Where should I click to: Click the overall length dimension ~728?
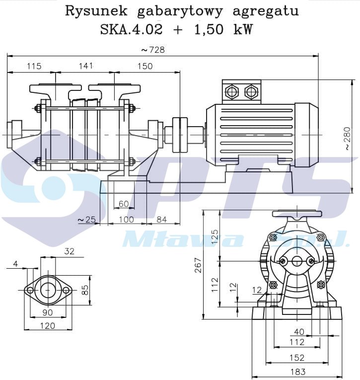pyautogui.click(x=152, y=50)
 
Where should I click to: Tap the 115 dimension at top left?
pyautogui.click(x=34, y=66)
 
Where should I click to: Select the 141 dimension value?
pyautogui.click(x=86, y=66)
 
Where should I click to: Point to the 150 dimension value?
pyautogui.click(x=145, y=66)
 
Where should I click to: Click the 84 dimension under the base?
pyautogui.click(x=161, y=219)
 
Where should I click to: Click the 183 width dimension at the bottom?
pyautogui.click(x=297, y=372)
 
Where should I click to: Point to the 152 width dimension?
pyautogui.click(x=297, y=357)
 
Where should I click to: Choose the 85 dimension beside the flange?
pyautogui.click(x=85, y=289)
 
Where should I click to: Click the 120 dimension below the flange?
pyautogui.click(x=48, y=326)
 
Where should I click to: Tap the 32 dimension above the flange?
pyautogui.click(x=69, y=251)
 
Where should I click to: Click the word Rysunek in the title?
pyautogui.click(x=94, y=11)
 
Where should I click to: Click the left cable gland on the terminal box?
pyautogui.click(x=232, y=91)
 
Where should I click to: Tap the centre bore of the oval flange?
pyautogui.click(x=48, y=289)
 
